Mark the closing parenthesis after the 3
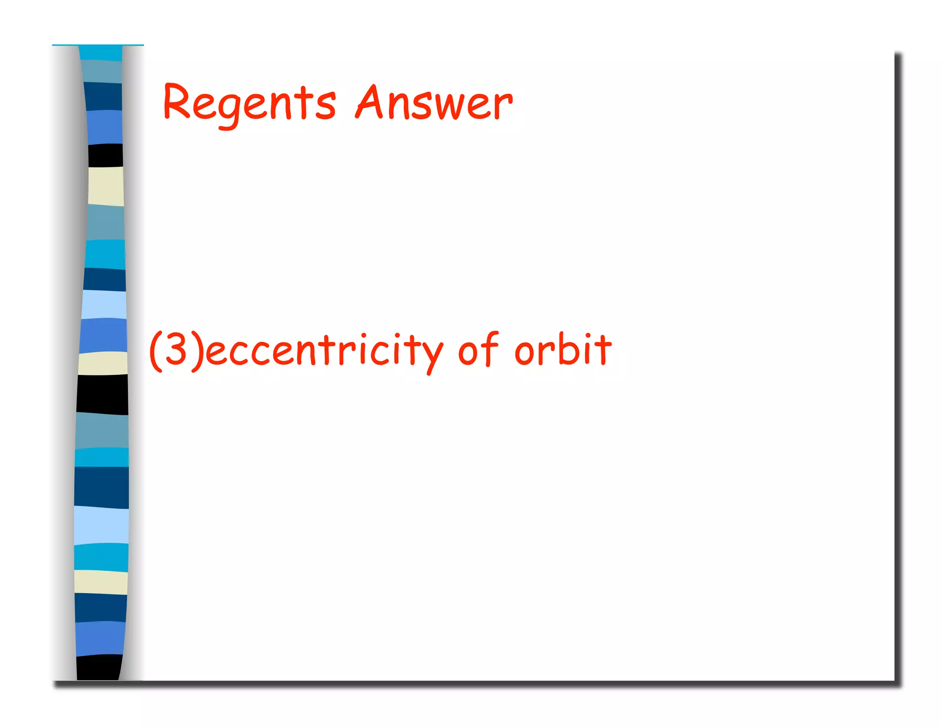(x=196, y=350)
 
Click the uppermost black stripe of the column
(x=106, y=155)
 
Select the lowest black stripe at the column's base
(x=99, y=667)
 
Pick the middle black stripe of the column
(x=102, y=394)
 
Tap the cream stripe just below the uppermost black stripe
(x=106, y=186)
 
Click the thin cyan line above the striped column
(x=98, y=45)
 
